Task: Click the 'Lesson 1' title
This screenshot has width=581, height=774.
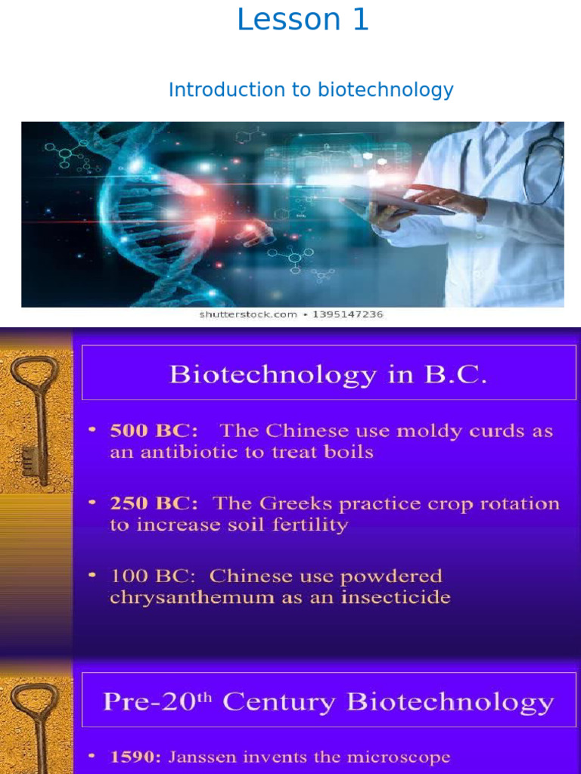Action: (x=303, y=20)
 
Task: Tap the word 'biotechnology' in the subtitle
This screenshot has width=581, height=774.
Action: (x=385, y=90)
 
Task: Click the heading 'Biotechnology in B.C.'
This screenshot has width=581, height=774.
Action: (x=328, y=374)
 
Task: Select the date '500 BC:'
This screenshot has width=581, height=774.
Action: (x=154, y=432)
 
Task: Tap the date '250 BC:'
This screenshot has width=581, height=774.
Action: (x=154, y=503)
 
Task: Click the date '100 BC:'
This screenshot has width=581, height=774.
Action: (x=154, y=576)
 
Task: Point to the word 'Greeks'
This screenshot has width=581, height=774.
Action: (x=281, y=503)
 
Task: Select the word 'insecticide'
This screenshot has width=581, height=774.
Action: (x=401, y=598)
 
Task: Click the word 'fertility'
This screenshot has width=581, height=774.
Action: (x=311, y=525)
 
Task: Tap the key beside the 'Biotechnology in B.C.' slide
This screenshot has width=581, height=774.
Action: (x=33, y=420)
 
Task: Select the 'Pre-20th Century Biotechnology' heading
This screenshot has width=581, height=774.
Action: (x=328, y=702)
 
